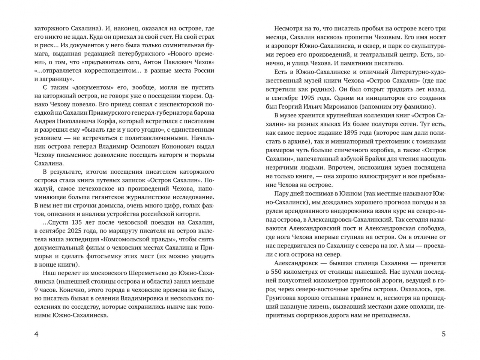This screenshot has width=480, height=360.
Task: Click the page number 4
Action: [36, 334]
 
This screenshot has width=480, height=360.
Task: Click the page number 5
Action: [444, 334]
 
